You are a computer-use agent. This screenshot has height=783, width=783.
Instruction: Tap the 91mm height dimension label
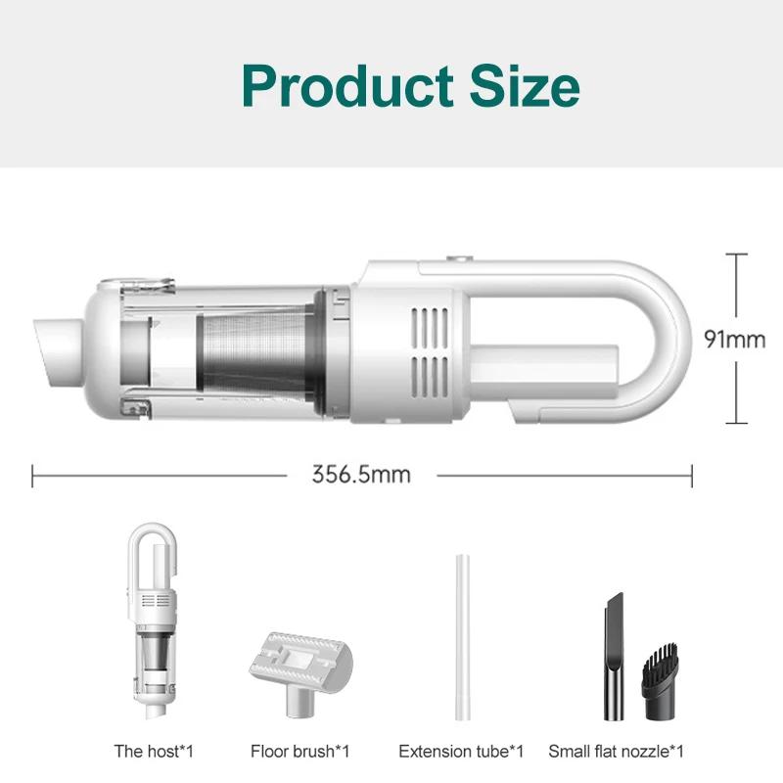(x=734, y=339)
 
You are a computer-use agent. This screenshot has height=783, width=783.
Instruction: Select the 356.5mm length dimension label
(x=361, y=476)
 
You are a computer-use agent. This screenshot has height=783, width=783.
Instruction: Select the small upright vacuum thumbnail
(x=155, y=626)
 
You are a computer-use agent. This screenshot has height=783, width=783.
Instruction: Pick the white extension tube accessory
(x=461, y=640)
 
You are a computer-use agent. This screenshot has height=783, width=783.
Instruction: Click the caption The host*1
(x=155, y=752)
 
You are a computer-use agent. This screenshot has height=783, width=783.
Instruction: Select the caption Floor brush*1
(x=299, y=752)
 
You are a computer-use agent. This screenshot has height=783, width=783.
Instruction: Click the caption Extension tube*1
(x=461, y=752)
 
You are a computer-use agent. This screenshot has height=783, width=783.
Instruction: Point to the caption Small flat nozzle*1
(x=616, y=752)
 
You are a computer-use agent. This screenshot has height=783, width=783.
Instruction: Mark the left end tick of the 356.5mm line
(x=33, y=476)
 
